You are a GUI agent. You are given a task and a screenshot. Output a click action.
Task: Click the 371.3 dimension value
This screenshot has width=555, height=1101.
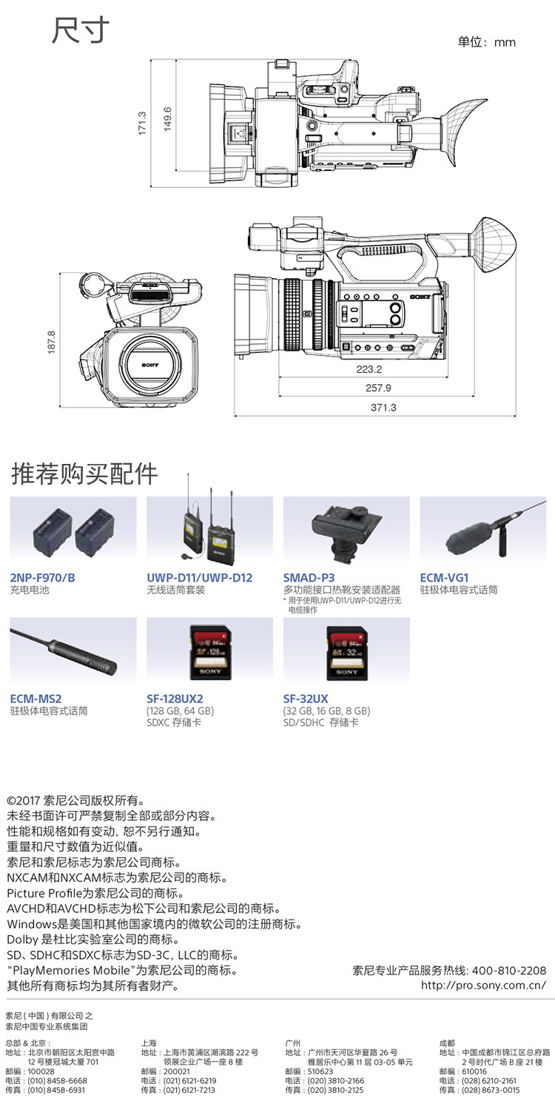(x=383, y=408)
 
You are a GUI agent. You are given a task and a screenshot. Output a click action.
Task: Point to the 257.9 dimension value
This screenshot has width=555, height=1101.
(x=378, y=388)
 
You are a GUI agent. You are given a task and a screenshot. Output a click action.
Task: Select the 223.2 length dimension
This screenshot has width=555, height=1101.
(x=369, y=369)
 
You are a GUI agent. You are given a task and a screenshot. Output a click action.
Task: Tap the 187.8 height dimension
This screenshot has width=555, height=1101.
(x=51, y=342)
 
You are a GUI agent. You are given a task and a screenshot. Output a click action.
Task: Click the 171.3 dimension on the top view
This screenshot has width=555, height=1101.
(x=142, y=123)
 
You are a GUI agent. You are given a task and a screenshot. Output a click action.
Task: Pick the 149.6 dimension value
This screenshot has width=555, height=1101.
(x=168, y=119)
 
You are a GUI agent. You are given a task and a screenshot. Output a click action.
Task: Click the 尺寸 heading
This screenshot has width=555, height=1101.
(x=81, y=30)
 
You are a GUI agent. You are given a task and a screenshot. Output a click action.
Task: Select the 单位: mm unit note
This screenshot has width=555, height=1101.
(x=487, y=42)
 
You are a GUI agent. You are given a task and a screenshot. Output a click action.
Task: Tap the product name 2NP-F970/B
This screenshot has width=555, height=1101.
(x=43, y=578)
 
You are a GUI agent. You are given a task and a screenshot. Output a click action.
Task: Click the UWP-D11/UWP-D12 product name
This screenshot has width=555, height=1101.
(x=200, y=578)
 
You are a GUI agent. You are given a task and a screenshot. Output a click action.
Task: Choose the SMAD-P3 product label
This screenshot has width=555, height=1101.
(x=309, y=578)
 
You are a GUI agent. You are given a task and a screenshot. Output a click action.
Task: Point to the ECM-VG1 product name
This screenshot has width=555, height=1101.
(x=445, y=578)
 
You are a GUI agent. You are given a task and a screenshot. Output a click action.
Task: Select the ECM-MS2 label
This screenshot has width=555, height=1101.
(x=36, y=698)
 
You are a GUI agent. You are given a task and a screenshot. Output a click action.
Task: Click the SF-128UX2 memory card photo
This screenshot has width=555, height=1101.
(x=210, y=653)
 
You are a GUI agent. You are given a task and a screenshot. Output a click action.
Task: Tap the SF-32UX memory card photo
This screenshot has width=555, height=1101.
(x=347, y=653)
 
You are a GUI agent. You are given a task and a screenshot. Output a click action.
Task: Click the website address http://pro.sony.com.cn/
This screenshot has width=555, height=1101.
(x=483, y=985)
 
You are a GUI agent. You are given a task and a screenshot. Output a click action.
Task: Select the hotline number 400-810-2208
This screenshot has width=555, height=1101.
(x=509, y=970)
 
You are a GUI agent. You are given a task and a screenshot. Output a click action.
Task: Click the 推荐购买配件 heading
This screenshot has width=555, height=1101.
(x=84, y=474)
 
